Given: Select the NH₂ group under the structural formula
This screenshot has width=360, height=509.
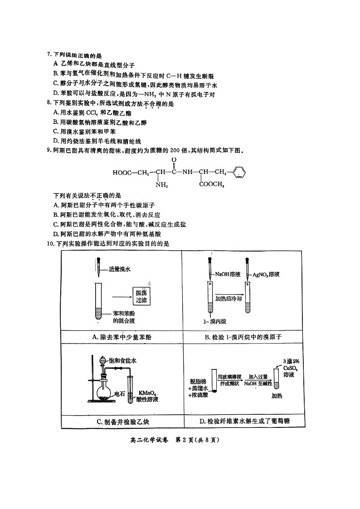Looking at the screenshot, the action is [x=161, y=184].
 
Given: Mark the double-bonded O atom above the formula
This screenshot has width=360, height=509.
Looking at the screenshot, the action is [x=174, y=160].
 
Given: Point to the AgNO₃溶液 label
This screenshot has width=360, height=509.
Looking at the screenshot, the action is [x=268, y=274].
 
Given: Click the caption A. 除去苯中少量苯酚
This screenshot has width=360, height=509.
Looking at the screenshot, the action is [x=121, y=337].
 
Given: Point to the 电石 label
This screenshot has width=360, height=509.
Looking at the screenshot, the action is [x=120, y=393].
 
